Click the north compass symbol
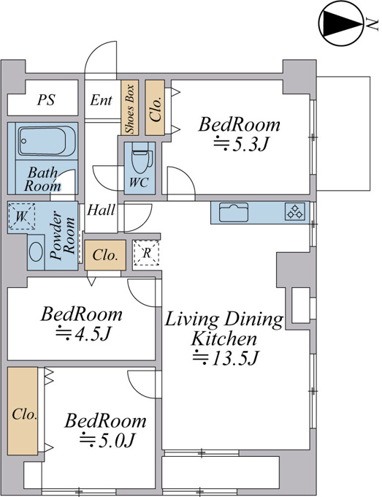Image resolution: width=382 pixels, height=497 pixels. (x=341, y=23)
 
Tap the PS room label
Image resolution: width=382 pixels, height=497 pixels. (x=46, y=99)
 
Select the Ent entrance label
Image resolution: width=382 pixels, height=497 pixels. (x=101, y=100)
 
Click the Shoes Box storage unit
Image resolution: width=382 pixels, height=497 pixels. (x=130, y=107)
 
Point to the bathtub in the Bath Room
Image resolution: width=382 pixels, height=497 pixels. (x=47, y=141)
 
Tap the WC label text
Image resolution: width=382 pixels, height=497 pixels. (x=139, y=182)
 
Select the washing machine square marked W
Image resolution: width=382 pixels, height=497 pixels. (x=21, y=216)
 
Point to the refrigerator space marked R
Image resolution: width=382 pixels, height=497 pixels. (x=146, y=253)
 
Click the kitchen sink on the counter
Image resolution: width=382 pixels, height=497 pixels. (x=234, y=213)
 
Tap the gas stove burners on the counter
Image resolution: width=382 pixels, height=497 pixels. (x=295, y=212)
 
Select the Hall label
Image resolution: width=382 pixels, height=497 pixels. (x=101, y=210)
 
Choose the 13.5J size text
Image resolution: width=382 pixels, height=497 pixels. (x=226, y=357)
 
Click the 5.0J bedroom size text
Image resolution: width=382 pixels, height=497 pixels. (x=107, y=440)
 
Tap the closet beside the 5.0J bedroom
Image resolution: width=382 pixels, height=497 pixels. (x=23, y=411)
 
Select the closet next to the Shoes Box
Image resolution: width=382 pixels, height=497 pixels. (x=155, y=107)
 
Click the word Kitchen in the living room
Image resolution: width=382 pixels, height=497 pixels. (x=224, y=338)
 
